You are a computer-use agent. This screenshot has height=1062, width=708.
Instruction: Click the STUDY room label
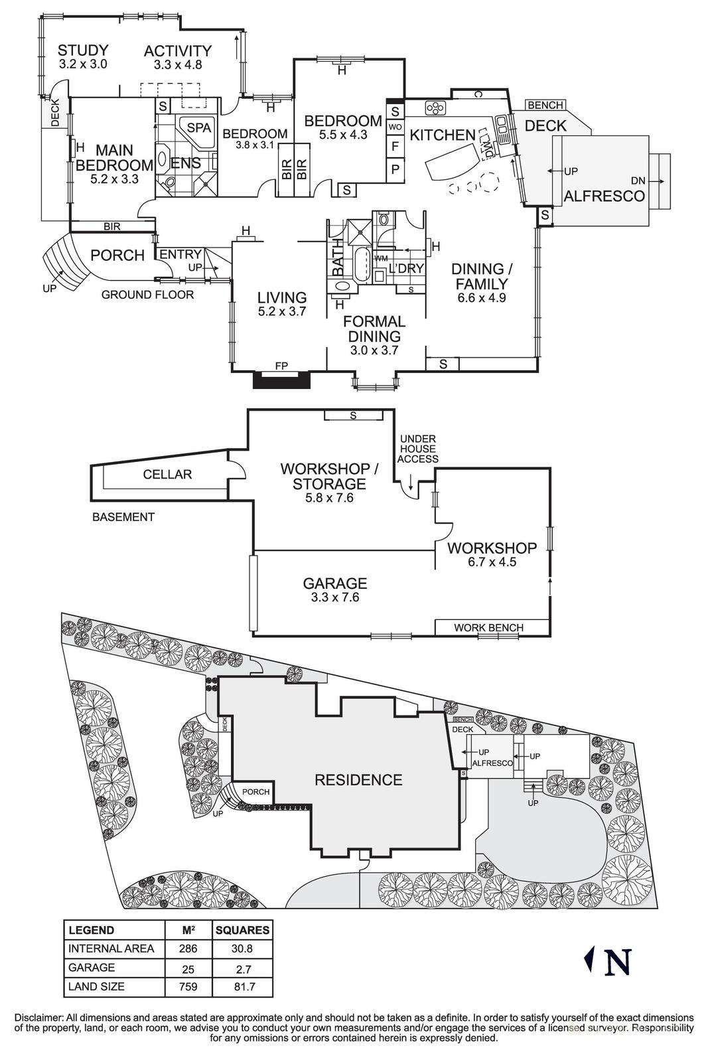pyautogui.click(x=83, y=50)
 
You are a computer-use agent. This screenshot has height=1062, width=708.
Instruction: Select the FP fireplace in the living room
pyautogui.click(x=282, y=366)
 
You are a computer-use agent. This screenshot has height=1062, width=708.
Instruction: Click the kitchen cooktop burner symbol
pyautogui.click(x=435, y=107)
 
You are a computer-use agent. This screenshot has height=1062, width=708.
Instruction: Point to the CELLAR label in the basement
pyautogui.click(x=167, y=474)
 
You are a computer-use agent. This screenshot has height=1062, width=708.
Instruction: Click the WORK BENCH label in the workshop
pyautogui.click(x=488, y=627)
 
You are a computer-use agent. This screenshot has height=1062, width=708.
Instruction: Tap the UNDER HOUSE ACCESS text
pyautogui.click(x=418, y=449)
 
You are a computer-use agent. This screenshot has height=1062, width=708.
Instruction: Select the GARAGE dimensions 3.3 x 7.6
pyautogui.click(x=334, y=597)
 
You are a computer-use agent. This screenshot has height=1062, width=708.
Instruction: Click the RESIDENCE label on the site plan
pyautogui.click(x=358, y=780)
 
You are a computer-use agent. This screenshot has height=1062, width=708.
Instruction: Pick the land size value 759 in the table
pyautogui.click(x=188, y=986)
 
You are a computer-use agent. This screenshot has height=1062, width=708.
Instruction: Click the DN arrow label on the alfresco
pyautogui.click(x=638, y=180)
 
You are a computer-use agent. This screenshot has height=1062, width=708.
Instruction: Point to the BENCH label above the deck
pyautogui.click(x=545, y=105)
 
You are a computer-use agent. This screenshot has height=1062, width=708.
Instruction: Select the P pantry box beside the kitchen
pyautogui.click(x=395, y=169)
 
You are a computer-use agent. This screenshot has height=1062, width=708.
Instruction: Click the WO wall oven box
pyautogui.click(x=395, y=127)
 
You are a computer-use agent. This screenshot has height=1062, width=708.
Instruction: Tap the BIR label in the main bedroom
pyautogui.click(x=112, y=226)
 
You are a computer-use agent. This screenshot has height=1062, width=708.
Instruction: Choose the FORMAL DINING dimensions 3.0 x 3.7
pyautogui.click(x=374, y=350)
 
